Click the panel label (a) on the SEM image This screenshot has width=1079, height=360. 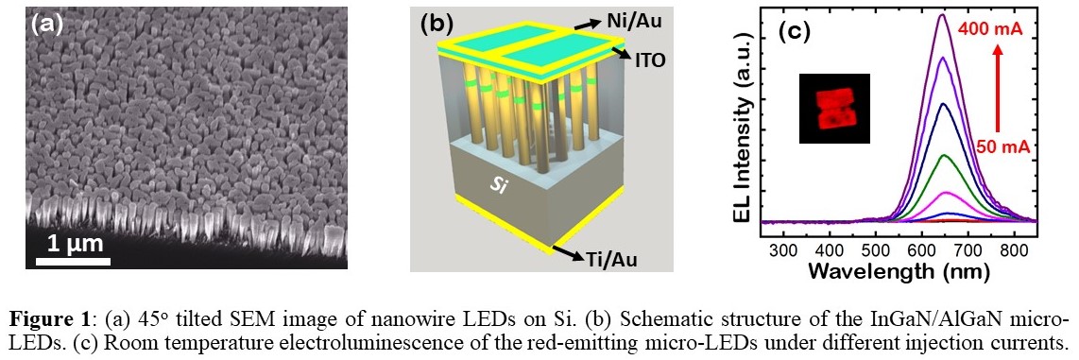[x=47, y=25]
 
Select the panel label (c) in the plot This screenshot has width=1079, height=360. [x=795, y=31]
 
